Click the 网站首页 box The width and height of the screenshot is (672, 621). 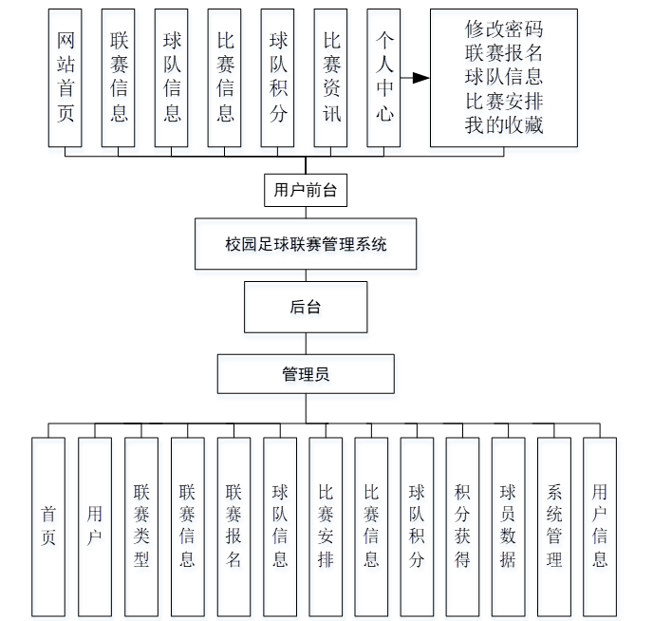(x=65, y=78)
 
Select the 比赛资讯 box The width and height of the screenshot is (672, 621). (x=331, y=78)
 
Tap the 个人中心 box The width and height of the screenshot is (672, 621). (x=383, y=78)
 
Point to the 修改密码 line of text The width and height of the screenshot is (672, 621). (x=503, y=30)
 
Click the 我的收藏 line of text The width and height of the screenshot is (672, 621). (x=503, y=124)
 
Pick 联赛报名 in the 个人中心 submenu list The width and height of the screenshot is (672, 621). (x=503, y=53)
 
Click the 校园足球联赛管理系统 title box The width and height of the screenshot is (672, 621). (x=306, y=244)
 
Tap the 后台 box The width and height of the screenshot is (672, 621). (x=306, y=307)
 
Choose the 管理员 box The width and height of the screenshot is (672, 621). (x=306, y=374)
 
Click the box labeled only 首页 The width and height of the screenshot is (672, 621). (x=48, y=526)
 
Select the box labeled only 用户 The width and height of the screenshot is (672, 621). (x=95, y=526)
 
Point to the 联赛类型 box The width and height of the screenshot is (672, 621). (x=141, y=526)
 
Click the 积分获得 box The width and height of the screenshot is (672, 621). (x=462, y=526)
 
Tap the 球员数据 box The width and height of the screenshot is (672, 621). (x=508, y=526)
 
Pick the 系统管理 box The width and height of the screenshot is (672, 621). (x=554, y=526)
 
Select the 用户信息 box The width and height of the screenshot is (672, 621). (x=600, y=526)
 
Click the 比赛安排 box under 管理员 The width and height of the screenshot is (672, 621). (x=326, y=526)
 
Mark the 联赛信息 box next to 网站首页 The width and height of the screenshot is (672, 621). (x=119, y=78)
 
